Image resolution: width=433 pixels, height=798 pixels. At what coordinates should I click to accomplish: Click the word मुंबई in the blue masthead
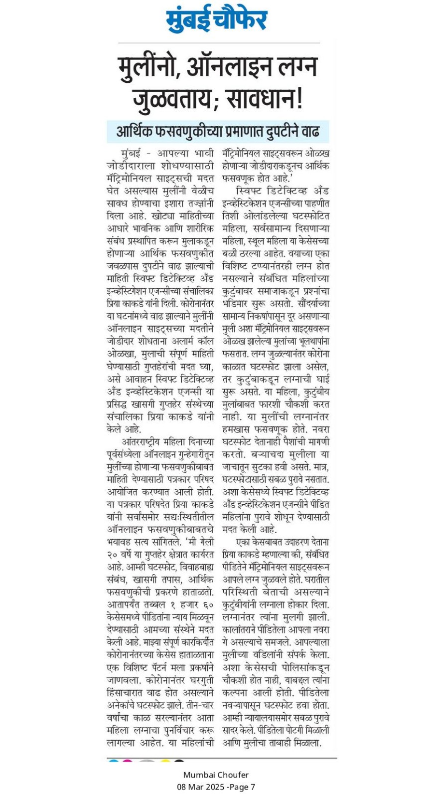189,20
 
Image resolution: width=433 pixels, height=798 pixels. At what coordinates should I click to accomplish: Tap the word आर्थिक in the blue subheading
135,132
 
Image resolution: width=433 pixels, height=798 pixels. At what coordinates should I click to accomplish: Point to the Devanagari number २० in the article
113,555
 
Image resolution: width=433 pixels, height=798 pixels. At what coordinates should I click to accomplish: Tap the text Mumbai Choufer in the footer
216,775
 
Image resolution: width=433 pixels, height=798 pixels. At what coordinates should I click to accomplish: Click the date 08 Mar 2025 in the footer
201,787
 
